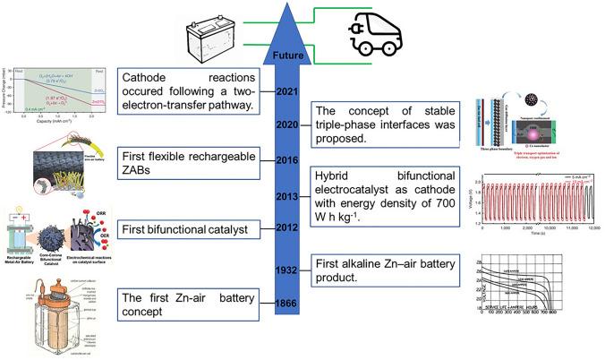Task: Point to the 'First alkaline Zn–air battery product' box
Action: click(389, 270)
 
